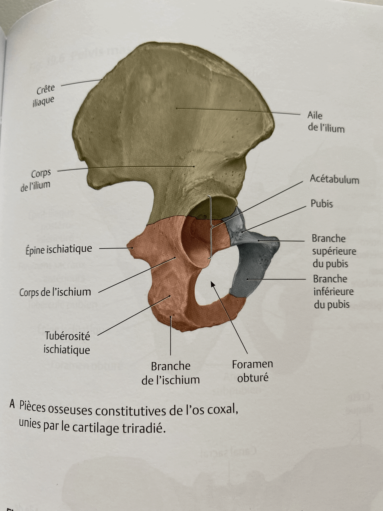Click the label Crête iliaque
click(44, 95)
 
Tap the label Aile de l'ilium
click(326, 122)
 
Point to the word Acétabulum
click(334, 180)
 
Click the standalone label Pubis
click(322, 204)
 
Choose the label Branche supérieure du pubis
click(334, 251)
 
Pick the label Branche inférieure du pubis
click(333, 291)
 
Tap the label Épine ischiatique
click(59, 249)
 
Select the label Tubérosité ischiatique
click(67, 343)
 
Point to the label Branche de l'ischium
click(171, 373)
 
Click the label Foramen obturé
click(252, 371)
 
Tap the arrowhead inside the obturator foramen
click(213, 284)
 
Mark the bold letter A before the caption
click(12, 404)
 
